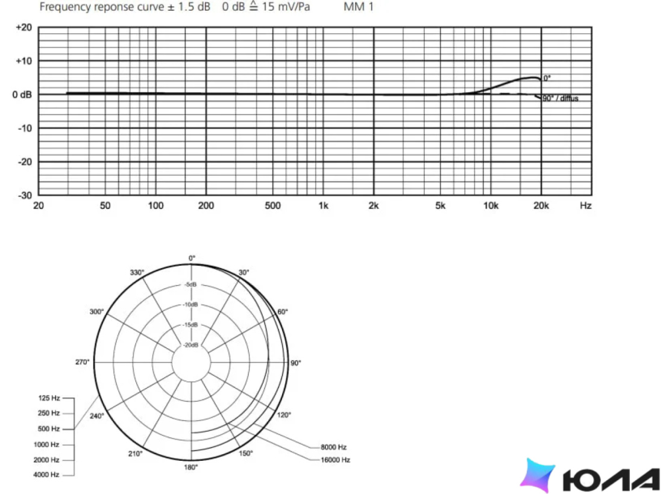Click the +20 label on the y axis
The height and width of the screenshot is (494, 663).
tap(24, 28)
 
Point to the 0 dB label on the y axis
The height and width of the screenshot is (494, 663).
tap(22, 95)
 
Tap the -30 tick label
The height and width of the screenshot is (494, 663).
tap(25, 195)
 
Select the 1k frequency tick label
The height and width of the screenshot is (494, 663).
tap(323, 206)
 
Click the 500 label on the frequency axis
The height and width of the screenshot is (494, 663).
tap(272, 206)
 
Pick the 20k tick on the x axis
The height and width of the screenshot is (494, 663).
tap(541, 206)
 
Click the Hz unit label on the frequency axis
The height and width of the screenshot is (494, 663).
tap(586, 206)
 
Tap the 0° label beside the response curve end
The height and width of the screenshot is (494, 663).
tap(547, 78)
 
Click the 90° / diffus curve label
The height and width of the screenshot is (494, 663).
tap(561, 98)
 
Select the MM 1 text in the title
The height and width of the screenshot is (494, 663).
tap(359, 7)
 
